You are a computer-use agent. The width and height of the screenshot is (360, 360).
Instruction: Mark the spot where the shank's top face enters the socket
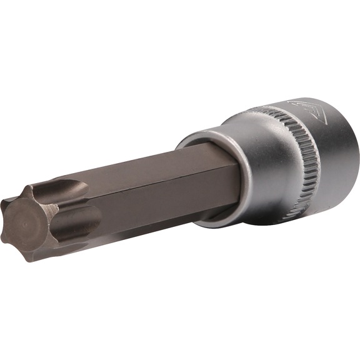point(206,147)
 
